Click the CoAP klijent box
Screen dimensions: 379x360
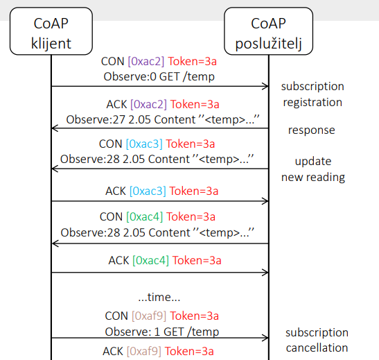pyautogui.click(x=51, y=31)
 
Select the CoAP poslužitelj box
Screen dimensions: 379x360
pyautogui.click(x=269, y=31)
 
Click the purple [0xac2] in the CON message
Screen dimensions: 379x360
pyautogui.click(x=146, y=62)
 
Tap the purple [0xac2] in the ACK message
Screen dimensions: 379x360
pyautogui.click(x=149, y=105)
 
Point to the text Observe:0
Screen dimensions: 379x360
pyautogui.click(x=130, y=77)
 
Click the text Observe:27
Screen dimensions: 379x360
pyautogui.click(x=96, y=119)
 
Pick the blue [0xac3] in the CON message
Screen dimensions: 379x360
pyautogui.click(x=144, y=144)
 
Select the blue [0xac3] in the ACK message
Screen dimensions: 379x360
pyautogui.click(x=148, y=191)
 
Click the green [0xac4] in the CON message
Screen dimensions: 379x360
pyautogui.click(x=145, y=217)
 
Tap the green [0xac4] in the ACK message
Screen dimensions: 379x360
pyautogui.click(x=150, y=261)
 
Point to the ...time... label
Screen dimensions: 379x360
pyautogui.click(x=159, y=297)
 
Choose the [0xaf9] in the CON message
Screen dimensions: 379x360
pyautogui.click(x=149, y=316)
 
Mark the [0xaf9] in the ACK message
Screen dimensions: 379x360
pyautogui.click(x=144, y=351)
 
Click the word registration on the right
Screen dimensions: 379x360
pyautogui.click(x=312, y=103)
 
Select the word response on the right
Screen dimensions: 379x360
pyautogui.click(x=312, y=130)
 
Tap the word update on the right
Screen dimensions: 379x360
pyautogui.click(x=313, y=162)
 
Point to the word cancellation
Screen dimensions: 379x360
pyautogui.click(x=317, y=348)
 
